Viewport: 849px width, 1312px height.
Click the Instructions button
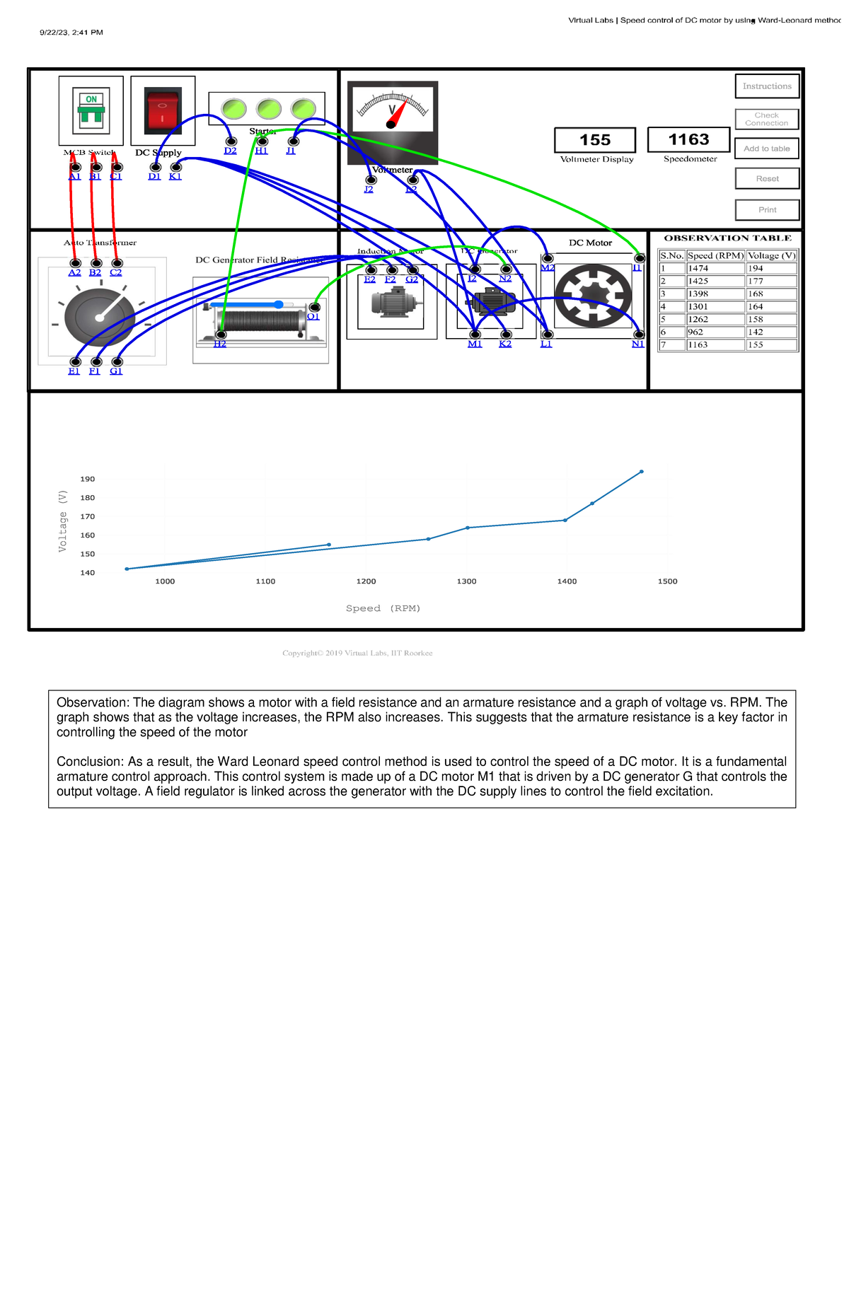point(767,86)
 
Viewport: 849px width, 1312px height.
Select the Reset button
point(767,179)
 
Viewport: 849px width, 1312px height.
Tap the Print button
point(767,210)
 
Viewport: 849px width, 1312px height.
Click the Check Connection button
point(766,119)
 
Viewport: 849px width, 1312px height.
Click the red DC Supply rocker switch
point(163,110)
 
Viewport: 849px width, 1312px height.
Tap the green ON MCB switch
point(91,110)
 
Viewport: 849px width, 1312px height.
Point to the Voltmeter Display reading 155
point(595,140)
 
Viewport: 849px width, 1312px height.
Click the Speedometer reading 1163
point(688,139)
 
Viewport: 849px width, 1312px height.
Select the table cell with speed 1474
point(715,269)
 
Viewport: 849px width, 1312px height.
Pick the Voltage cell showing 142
point(771,332)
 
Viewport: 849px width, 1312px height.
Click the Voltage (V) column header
point(771,256)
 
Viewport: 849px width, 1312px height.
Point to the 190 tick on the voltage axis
point(88,480)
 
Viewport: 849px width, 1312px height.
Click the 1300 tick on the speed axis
point(466,581)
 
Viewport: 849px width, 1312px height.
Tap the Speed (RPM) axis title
point(383,608)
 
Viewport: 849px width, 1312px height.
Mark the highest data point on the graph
point(642,472)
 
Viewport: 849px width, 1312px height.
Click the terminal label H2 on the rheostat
point(220,344)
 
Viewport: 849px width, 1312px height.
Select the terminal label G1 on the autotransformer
point(116,371)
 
